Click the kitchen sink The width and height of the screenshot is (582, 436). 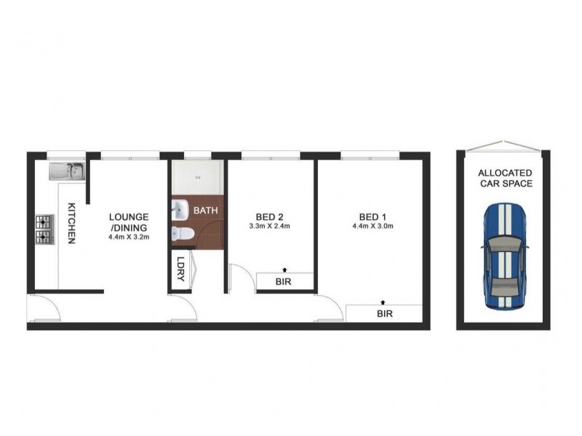(x=67, y=171)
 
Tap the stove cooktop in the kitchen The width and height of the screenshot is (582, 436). (x=42, y=228)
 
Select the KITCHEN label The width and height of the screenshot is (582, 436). (x=72, y=223)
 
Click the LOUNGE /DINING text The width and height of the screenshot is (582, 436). (x=129, y=221)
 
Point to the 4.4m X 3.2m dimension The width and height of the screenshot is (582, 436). (x=129, y=237)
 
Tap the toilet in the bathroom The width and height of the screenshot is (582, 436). (x=182, y=234)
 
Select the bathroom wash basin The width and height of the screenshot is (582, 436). (x=180, y=211)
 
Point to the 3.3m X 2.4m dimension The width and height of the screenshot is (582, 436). (x=268, y=226)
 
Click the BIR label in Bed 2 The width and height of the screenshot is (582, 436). (x=284, y=281)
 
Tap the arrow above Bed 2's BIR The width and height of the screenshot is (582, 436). (x=284, y=269)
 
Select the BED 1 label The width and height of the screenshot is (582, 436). (x=372, y=216)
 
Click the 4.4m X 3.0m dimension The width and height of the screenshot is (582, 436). (x=372, y=226)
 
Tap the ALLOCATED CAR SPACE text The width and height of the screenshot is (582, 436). (x=505, y=178)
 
